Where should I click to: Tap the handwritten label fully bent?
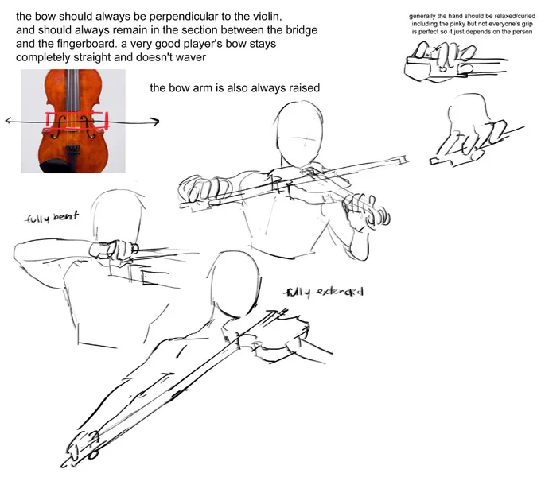[52, 217]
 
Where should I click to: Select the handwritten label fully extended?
[323, 293]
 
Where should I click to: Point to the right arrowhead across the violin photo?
[155, 122]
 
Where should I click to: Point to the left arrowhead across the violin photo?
[10, 121]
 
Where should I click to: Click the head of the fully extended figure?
[235, 282]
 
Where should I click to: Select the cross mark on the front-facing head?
[306, 140]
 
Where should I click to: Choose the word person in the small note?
[523, 32]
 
